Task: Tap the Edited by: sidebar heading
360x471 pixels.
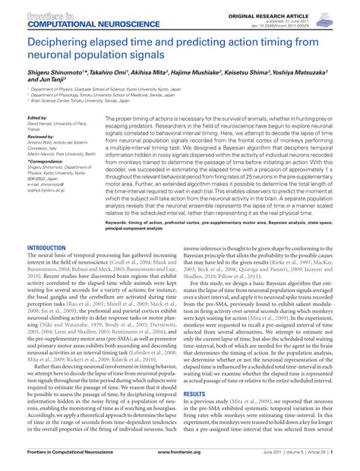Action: point(37,119)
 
